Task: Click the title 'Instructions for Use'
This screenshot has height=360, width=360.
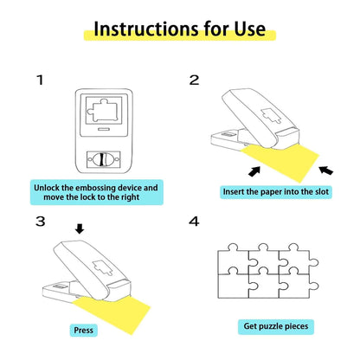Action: [x=179, y=29]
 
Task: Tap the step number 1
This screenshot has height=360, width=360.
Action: [x=39, y=80]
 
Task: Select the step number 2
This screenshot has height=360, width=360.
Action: [x=195, y=80]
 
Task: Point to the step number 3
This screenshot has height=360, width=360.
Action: [x=39, y=222]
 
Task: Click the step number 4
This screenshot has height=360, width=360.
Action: [x=195, y=222]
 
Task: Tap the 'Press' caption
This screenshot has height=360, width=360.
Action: [x=85, y=330]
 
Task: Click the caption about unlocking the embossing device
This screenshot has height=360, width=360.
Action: [x=96, y=191]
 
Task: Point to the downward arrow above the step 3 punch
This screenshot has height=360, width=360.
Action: [x=80, y=229]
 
